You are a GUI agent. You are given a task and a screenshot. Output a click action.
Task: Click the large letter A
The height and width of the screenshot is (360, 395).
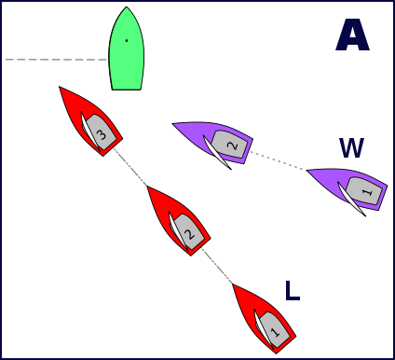pyautogui.click(x=352, y=35)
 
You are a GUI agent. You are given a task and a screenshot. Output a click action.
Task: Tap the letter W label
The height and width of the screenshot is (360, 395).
pyautogui.click(x=351, y=147)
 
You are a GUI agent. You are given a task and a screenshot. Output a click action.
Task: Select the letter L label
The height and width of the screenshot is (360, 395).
pyautogui.click(x=293, y=291)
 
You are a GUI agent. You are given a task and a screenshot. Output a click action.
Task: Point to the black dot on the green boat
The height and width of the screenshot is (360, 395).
pyautogui.click(x=127, y=40)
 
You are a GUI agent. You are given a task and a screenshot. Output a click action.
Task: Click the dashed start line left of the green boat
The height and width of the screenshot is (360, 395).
pyautogui.click(x=57, y=60)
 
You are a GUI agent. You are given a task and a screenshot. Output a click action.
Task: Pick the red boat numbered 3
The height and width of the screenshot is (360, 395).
pyautogui.click(x=91, y=121)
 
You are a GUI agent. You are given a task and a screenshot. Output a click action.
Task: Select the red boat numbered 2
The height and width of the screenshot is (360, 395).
pyautogui.click(x=179, y=221)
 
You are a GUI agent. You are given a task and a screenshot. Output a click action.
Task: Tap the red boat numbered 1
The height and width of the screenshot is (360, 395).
pyautogui.click(x=265, y=319)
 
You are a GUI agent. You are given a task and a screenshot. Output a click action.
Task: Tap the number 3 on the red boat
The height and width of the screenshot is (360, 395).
pyautogui.click(x=102, y=135)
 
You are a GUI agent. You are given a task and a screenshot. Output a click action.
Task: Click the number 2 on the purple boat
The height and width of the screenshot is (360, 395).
pyautogui.click(x=232, y=145)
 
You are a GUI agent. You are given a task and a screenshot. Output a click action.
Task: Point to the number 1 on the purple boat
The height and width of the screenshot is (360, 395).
pyautogui.click(x=367, y=192)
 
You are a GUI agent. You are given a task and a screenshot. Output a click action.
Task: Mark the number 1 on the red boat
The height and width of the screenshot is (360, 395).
pyautogui.click(x=275, y=333)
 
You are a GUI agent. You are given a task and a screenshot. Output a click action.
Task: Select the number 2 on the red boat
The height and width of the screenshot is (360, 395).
pyautogui.click(x=189, y=235)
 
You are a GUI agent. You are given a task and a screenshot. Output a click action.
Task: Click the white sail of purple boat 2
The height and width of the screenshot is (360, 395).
pyautogui.click(x=217, y=152)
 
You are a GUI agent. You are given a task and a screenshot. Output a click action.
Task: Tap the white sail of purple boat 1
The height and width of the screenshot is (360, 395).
pyautogui.click(x=351, y=199)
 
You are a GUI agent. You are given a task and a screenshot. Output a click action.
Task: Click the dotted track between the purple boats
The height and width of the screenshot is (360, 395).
pyautogui.click(x=279, y=160)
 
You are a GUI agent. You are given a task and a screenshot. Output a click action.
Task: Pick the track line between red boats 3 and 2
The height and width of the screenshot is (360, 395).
pyautogui.click(x=130, y=167)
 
